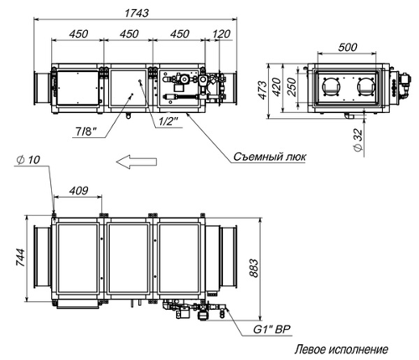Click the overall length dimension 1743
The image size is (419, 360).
pyautogui.click(x=137, y=13)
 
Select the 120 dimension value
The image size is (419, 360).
pyautogui.click(x=221, y=33)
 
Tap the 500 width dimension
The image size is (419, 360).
pyautogui.click(x=348, y=47)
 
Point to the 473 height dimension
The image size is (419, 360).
pyautogui.click(x=262, y=90)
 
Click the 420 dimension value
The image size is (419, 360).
pyautogui.click(x=277, y=87)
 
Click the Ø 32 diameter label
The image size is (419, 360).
pyautogui.click(x=358, y=140)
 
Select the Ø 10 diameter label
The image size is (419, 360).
pyautogui.click(x=28, y=160)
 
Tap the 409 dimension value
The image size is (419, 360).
pyautogui.click(x=79, y=191)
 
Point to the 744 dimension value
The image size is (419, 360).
pyautogui.click(x=20, y=257)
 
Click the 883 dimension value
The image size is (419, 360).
pyautogui.click(x=254, y=268)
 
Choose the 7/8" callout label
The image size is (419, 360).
pyautogui.click(x=86, y=131)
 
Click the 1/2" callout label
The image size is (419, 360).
pyautogui.click(x=168, y=121)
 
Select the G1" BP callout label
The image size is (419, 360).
pyautogui.click(x=272, y=329)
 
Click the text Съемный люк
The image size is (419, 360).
pyautogui.click(x=270, y=157)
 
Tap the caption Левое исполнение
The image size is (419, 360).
pyautogui.click(x=341, y=349)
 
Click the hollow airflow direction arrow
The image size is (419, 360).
pyautogui.click(x=137, y=162)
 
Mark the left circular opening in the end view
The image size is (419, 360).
pyautogui.click(x=330, y=86)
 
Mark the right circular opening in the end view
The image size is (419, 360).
pyautogui.click(x=365, y=86)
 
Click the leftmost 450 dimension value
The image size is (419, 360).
pyautogui.click(x=79, y=33)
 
